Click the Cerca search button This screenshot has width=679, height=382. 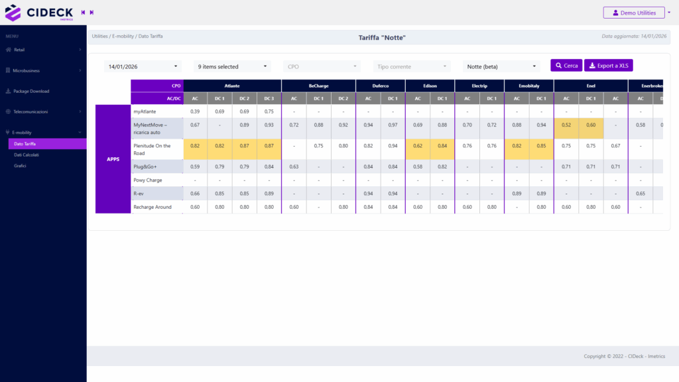click(566, 66)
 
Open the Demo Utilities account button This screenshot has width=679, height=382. click(633, 13)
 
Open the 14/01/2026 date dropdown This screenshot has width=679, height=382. click(144, 66)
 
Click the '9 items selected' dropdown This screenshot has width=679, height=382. click(233, 66)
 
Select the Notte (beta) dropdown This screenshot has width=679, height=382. click(502, 66)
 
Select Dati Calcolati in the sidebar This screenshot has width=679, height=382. click(27, 155)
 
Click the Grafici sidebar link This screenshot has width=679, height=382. click(20, 165)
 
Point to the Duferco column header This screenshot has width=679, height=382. click(380, 86)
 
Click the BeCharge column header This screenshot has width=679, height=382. click(318, 86)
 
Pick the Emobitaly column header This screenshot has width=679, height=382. click(528, 86)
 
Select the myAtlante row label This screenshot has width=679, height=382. click(145, 111)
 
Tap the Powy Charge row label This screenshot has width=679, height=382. click(148, 180)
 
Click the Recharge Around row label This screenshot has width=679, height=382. click(153, 207)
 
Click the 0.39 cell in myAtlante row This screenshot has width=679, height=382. click(195, 111)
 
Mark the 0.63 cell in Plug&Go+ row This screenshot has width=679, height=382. click(294, 166)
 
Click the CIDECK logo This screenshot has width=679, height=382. click(40, 13)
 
